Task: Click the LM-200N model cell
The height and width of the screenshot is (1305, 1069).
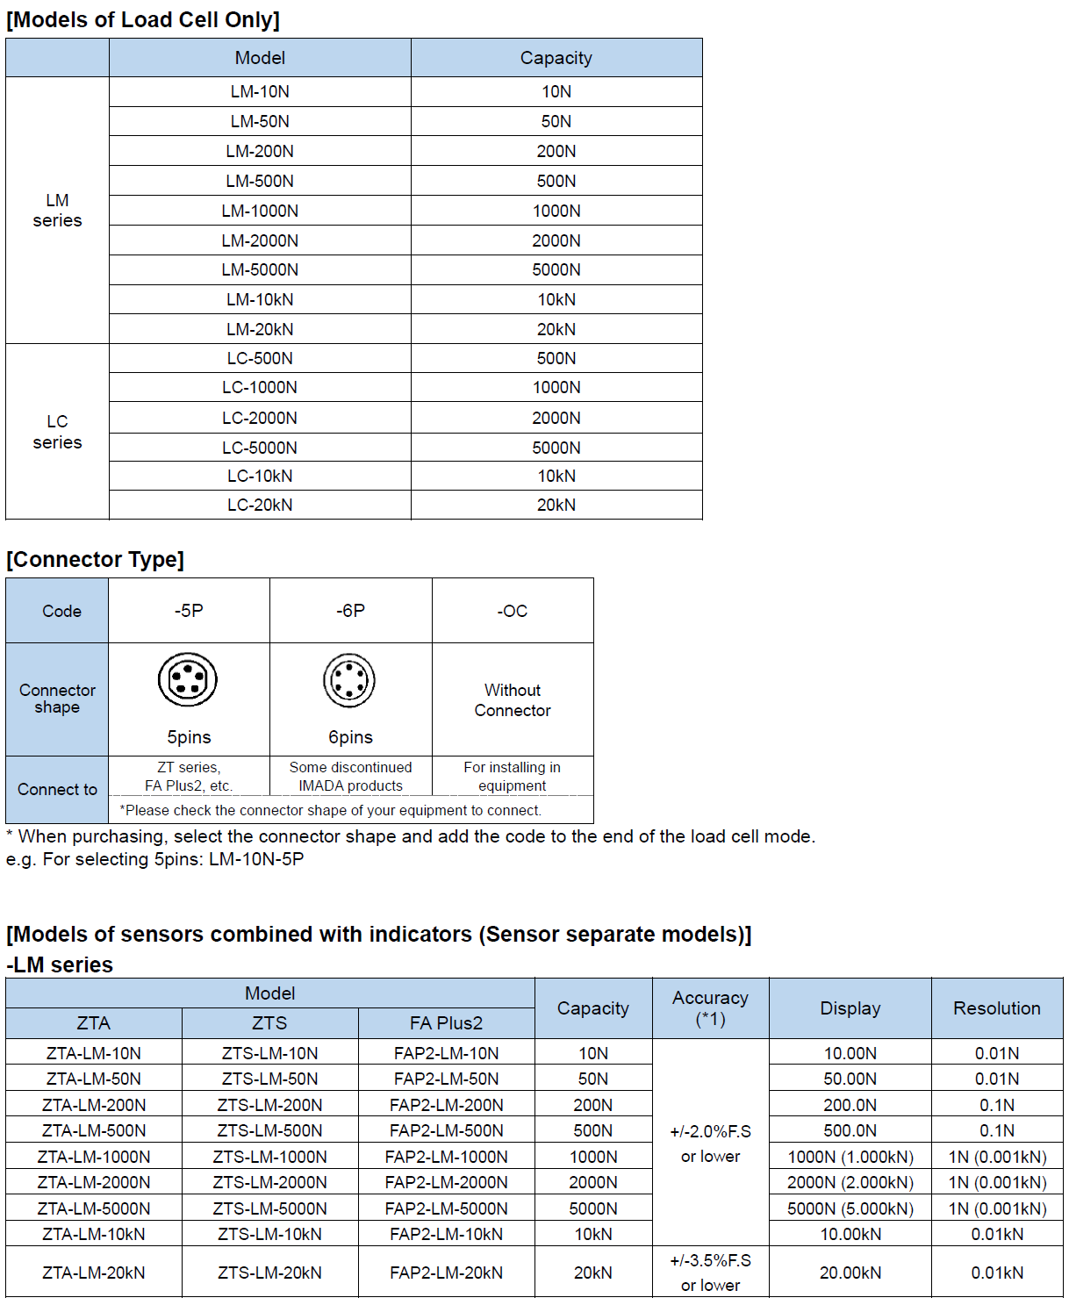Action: click(260, 151)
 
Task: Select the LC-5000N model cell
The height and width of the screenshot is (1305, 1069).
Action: click(260, 448)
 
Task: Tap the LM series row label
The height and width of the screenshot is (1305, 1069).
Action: click(57, 211)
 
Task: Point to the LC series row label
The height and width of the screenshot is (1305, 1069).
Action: click(57, 432)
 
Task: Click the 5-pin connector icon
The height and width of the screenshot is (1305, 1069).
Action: click(188, 679)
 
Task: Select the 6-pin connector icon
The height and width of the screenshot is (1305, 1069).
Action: click(349, 680)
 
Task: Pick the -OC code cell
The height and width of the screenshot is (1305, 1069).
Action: click(513, 611)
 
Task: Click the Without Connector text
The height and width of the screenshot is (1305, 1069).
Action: click(513, 700)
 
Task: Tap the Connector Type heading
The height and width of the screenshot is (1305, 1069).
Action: click(95, 560)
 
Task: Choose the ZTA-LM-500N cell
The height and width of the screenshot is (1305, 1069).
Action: click(94, 1130)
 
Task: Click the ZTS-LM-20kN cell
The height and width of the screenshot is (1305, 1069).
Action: click(269, 1273)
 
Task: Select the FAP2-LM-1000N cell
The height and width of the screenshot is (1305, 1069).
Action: click(446, 1157)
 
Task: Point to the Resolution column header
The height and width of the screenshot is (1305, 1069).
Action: click(997, 1008)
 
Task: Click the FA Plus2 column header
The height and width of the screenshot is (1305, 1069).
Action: click(446, 1023)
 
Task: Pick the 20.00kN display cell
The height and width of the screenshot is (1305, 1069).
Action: click(850, 1273)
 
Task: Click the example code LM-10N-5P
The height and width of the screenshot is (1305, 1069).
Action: click(256, 859)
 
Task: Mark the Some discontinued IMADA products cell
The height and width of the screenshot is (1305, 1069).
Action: click(350, 776)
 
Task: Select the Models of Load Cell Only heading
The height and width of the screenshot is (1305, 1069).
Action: click(143, 19)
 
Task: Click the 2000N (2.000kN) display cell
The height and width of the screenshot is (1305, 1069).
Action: click(850, 1183)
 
